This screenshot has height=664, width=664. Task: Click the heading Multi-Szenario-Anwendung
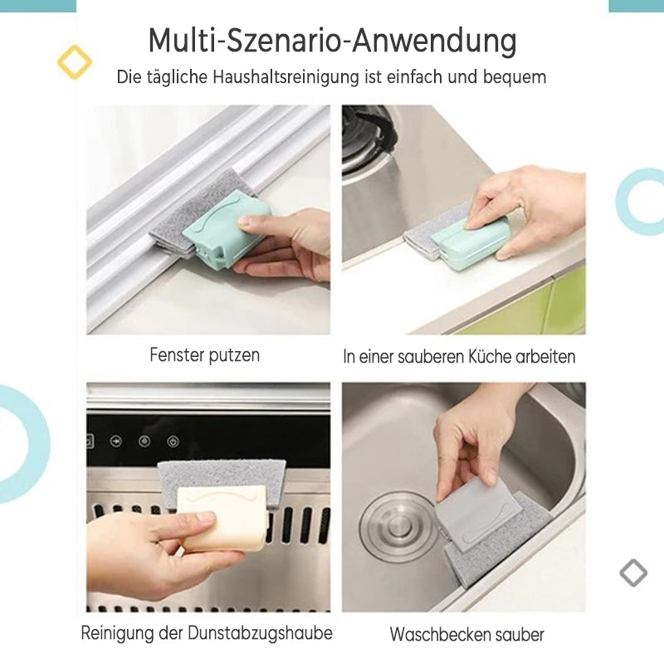(333, 41)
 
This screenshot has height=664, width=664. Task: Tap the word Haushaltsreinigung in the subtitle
(286, 77)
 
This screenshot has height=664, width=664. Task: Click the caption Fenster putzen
(204, 355)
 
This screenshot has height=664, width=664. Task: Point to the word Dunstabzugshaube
(260, 633)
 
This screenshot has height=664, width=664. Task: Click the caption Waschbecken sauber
(466, 635)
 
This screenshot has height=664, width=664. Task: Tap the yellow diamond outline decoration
(75, 61)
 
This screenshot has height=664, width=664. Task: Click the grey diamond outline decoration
(633, 573)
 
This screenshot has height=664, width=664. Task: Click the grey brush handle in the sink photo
(479, 516)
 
